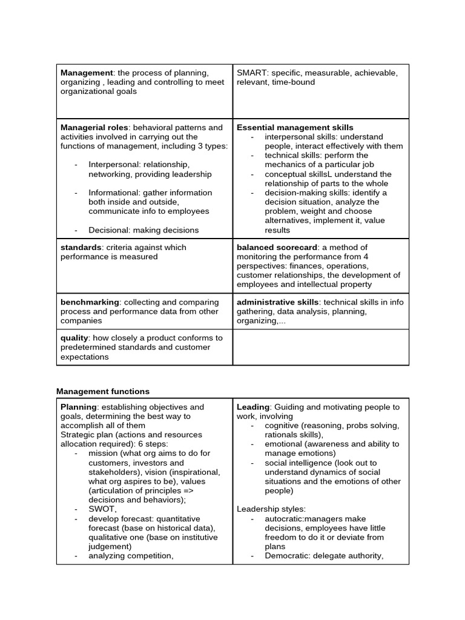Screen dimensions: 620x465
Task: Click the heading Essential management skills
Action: click(295, 128)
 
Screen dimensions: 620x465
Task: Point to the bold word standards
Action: click(81, 248)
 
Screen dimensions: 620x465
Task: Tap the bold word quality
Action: click(74, 338)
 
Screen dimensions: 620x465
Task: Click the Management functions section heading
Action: click(103, 392)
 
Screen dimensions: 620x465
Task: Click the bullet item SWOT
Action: click(102, 509)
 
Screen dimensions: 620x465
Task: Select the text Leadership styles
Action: click(271, 509)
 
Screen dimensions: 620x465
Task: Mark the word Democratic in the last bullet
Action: click(287, 555)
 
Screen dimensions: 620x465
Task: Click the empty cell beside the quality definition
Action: click(321, 347)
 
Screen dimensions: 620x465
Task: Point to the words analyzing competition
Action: click(131, 555)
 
